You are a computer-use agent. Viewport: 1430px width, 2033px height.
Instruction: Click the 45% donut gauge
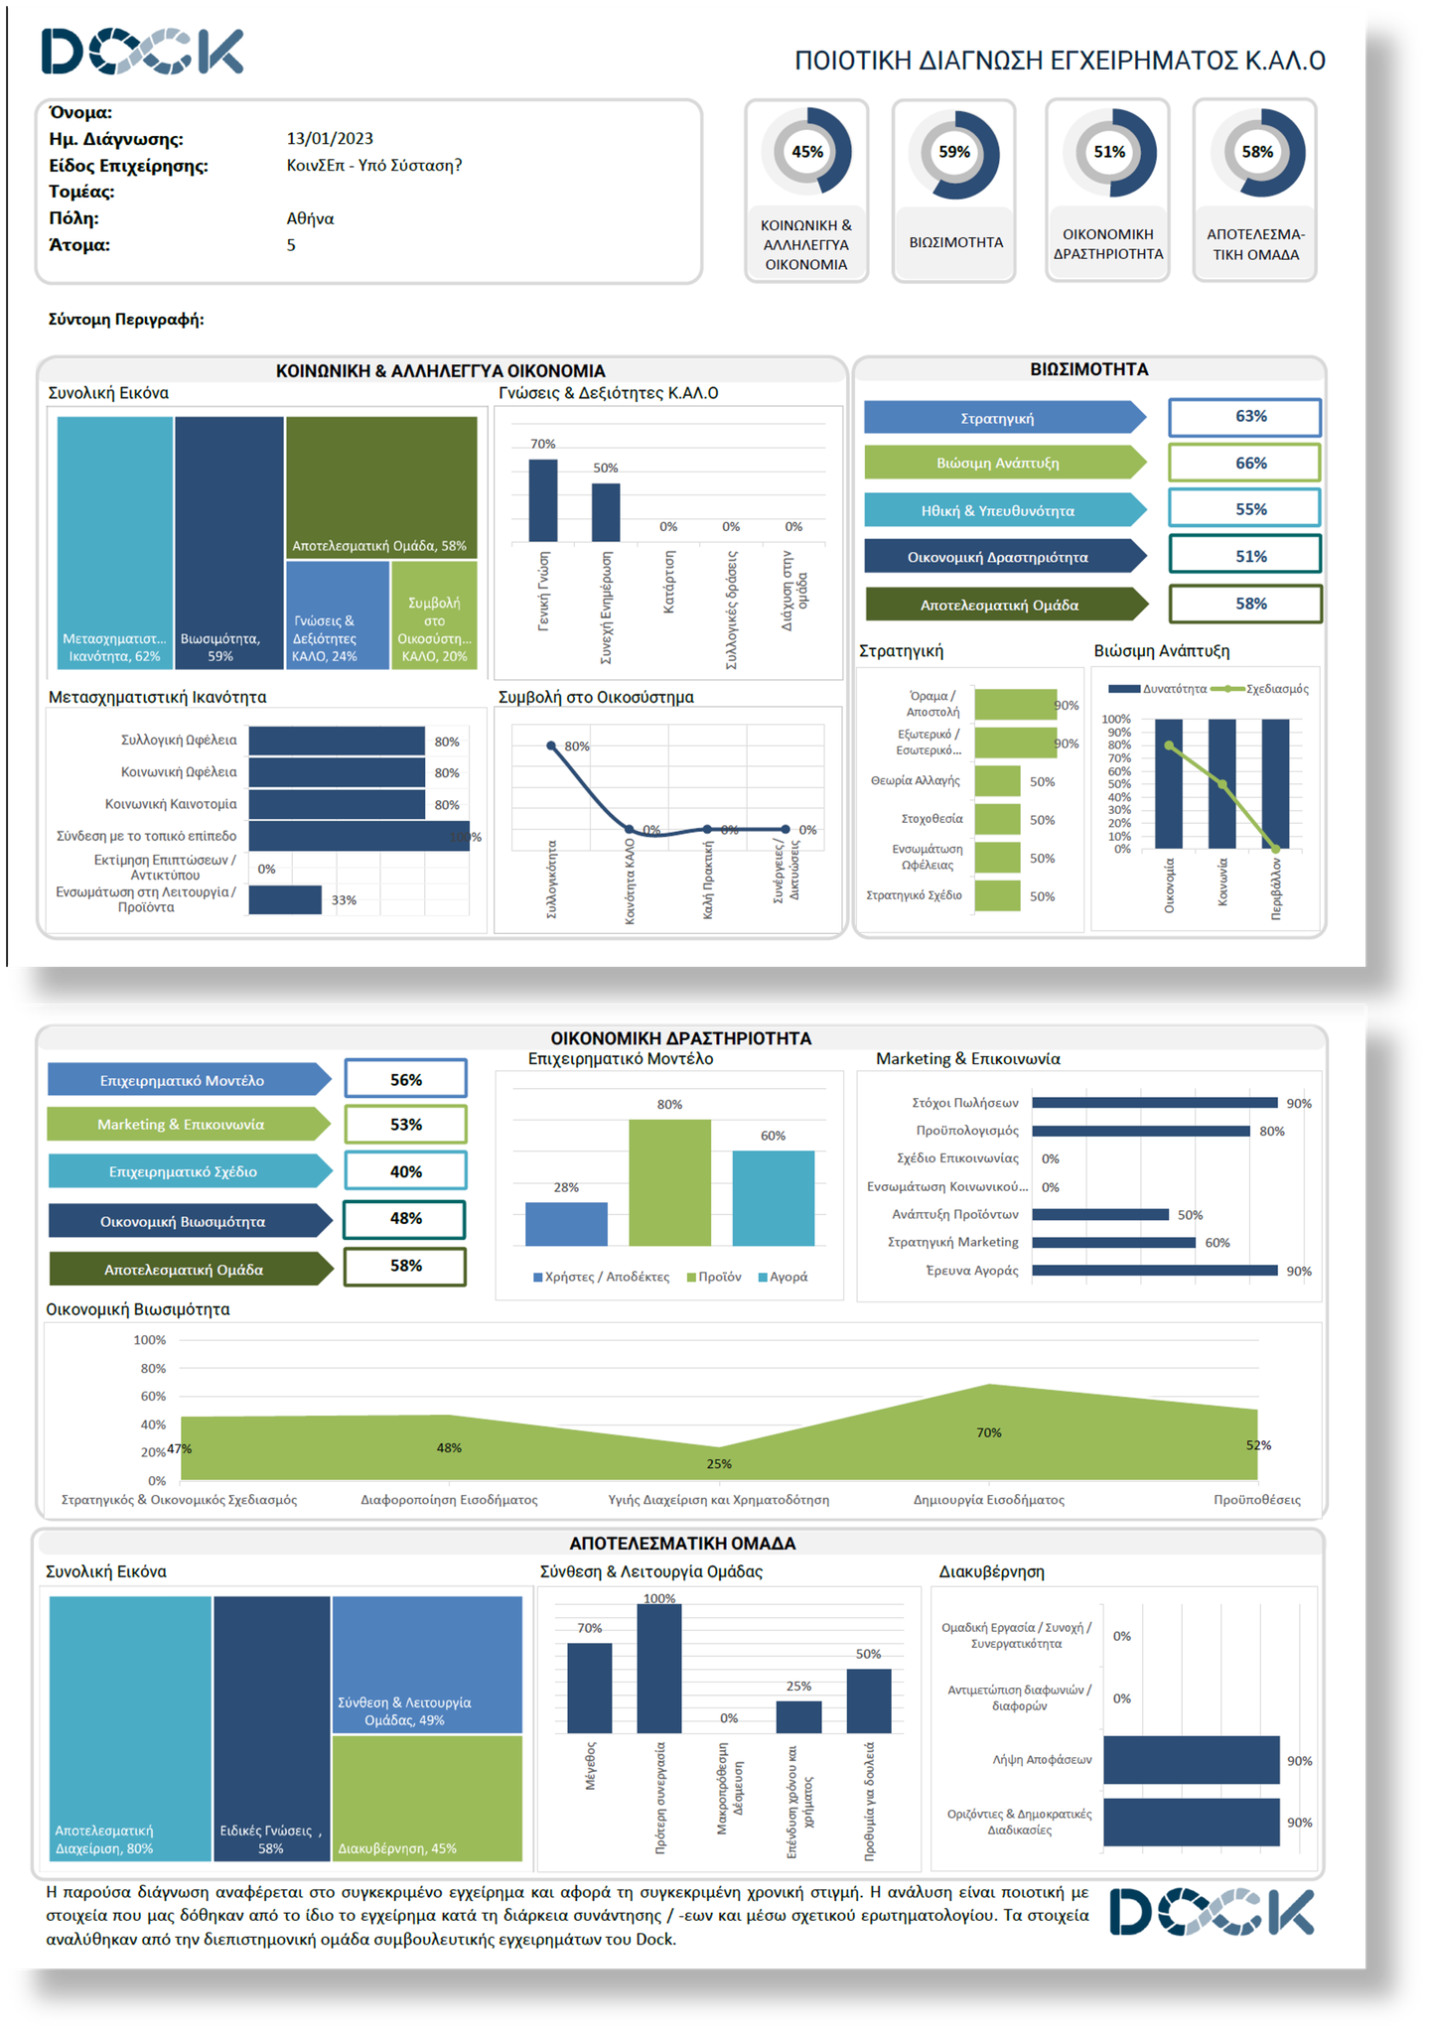point(806,152)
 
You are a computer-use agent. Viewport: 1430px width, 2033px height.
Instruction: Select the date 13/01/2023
point(330,139)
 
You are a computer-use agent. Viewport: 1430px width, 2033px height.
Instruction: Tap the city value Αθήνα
point(310,218)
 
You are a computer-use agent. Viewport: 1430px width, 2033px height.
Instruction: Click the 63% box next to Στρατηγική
point(1244,417)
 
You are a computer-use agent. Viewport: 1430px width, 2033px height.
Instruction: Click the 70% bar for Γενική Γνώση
point(542,499)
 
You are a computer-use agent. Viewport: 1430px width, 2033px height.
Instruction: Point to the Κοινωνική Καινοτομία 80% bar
point(337,804)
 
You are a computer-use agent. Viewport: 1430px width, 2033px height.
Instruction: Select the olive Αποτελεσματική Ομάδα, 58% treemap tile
point(381,486)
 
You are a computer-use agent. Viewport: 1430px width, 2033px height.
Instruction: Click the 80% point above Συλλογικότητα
point(551,745)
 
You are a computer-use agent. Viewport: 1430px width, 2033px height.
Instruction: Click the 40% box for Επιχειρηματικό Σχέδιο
point(405,1171)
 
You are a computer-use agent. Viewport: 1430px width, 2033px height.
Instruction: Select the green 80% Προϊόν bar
point(669,1181)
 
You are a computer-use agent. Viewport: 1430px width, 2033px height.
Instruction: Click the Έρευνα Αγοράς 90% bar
point(1154,1271)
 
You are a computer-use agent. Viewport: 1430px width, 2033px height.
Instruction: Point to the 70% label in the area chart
point(988,1432)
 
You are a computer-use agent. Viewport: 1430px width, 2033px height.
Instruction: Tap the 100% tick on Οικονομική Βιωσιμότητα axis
point(150,1340)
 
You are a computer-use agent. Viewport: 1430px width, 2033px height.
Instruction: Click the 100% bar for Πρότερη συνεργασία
point(659,1668)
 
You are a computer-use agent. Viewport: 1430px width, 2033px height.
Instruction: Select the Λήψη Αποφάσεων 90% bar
point(1191,1760)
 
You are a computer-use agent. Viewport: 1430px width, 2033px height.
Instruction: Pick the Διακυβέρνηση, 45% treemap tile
point(427,1798)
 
